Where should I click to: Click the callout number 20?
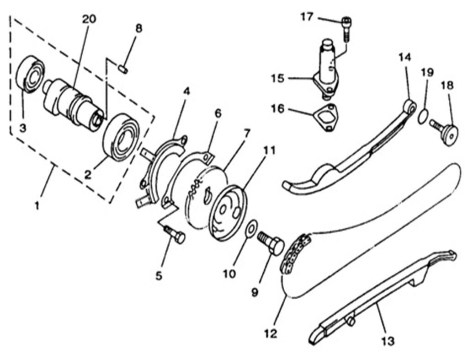[x=90, y=19]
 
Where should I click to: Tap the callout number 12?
[x=271, y=333]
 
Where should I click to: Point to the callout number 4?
[x=186, y=91]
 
